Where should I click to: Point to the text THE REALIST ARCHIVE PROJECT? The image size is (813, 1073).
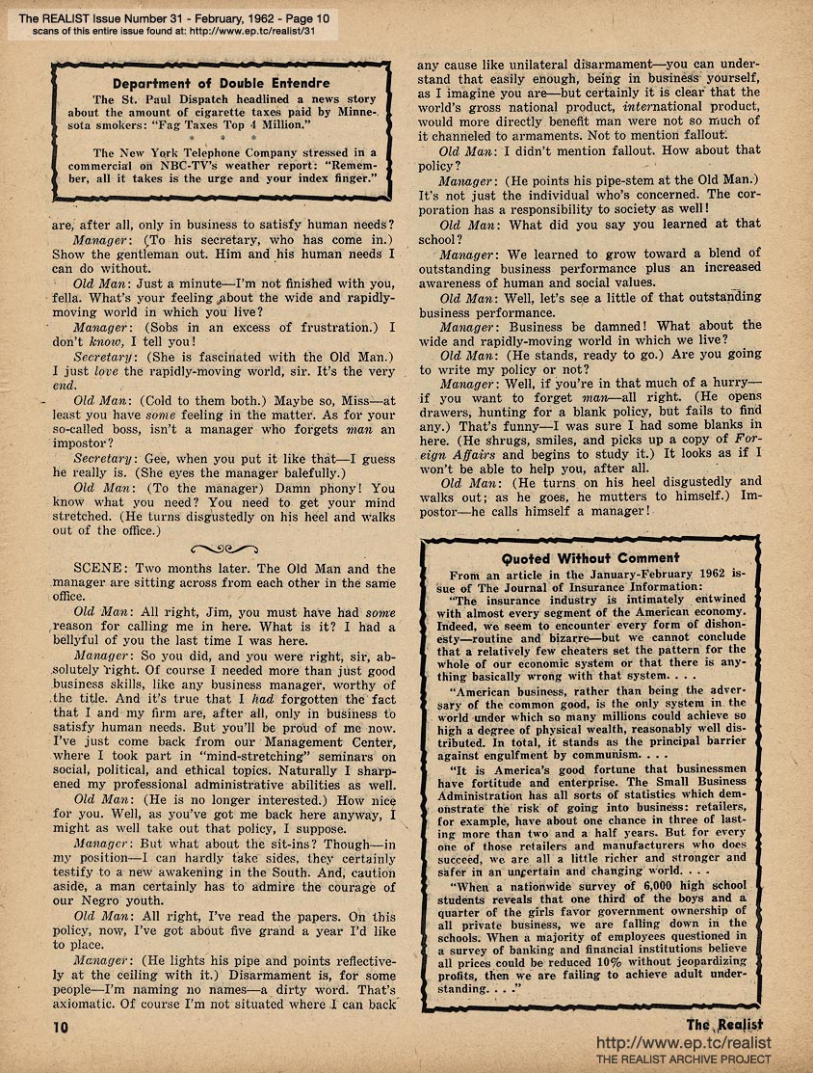pyautogui.click(x=684, y=1060)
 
